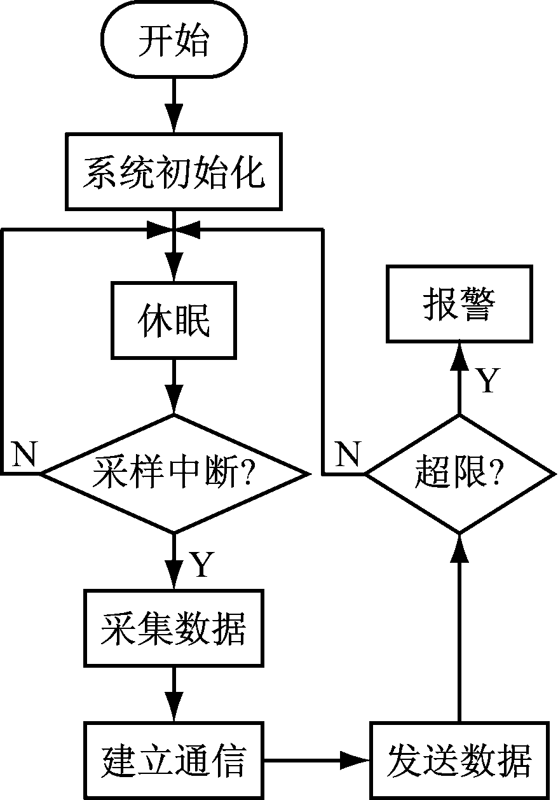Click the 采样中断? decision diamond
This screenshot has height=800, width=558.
click(x=174, y=474)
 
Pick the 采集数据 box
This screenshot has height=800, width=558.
click(x=174, y=628)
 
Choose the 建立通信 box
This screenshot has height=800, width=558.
click(x=174, y=760)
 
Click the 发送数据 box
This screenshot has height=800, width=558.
click(x=459, y=760)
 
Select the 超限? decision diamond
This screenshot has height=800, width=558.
click(x=459, y=474)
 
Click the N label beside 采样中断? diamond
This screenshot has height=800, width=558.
click(x=24, y=454)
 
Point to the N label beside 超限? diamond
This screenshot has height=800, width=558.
click(x=348, y=454)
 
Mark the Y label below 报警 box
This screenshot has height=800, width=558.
click(x=486, y=380)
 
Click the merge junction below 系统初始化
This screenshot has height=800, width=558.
click(x=174, y=230)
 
